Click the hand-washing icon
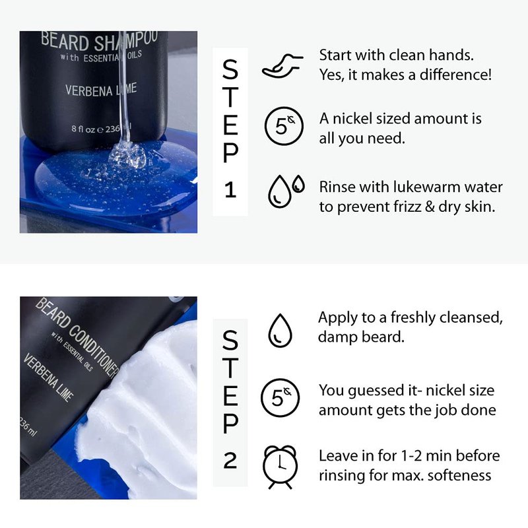click(282, 67)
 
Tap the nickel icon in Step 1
click(284, 126)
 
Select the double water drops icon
click(286, 191)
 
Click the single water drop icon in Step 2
click(280, 331)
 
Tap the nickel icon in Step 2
click(280, 398)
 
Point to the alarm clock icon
click(280, 467)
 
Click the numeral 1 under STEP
click(230, 189)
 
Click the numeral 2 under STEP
click(230, 460)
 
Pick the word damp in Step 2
click(335, 337)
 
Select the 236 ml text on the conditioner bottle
click(28, 426)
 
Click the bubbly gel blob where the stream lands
click(128, 156)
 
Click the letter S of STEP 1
click(230, 70)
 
